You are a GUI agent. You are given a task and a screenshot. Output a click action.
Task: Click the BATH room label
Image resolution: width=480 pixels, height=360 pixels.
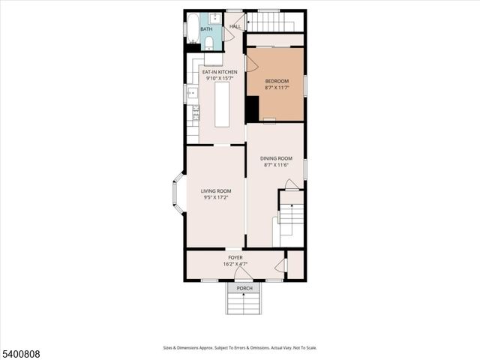[x=205, y=28]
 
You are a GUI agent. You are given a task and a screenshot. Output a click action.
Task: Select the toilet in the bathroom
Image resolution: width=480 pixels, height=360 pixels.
[x=208, y=42]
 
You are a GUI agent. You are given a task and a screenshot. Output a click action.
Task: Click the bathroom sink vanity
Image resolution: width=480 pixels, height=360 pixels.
[x=215, y=18]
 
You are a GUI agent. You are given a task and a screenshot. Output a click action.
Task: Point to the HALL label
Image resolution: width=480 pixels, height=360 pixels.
[x=235, y=25]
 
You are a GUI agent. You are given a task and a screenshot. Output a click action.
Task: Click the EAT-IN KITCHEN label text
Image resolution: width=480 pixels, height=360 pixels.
[x=225, y=72]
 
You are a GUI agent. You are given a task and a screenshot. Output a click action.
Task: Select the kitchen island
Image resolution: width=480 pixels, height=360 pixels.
[x=223, y=104]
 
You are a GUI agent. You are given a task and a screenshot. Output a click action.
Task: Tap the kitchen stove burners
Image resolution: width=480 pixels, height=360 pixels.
[x=196, y=113]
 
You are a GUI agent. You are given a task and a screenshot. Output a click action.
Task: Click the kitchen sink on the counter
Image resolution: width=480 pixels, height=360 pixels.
[x=193, y=93]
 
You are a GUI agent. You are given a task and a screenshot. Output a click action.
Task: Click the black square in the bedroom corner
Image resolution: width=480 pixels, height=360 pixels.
[x=253, y=109]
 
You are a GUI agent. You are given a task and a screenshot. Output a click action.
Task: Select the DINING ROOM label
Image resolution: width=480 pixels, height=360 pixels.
[x=276, y=158]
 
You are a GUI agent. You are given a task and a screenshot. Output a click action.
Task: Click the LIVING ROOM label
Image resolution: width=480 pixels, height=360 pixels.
[x=215, y=191]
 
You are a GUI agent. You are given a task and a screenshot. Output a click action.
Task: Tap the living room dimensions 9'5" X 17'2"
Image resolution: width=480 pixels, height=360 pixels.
[x=215, y=197]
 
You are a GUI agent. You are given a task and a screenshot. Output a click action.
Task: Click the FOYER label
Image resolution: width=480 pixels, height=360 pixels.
[x=235, y=257]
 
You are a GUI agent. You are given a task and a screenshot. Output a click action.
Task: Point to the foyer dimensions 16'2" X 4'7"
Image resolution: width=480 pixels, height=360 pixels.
[x=235, y=264]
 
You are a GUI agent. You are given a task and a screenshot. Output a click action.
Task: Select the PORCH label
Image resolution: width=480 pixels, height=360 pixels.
[x=244, y=288]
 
